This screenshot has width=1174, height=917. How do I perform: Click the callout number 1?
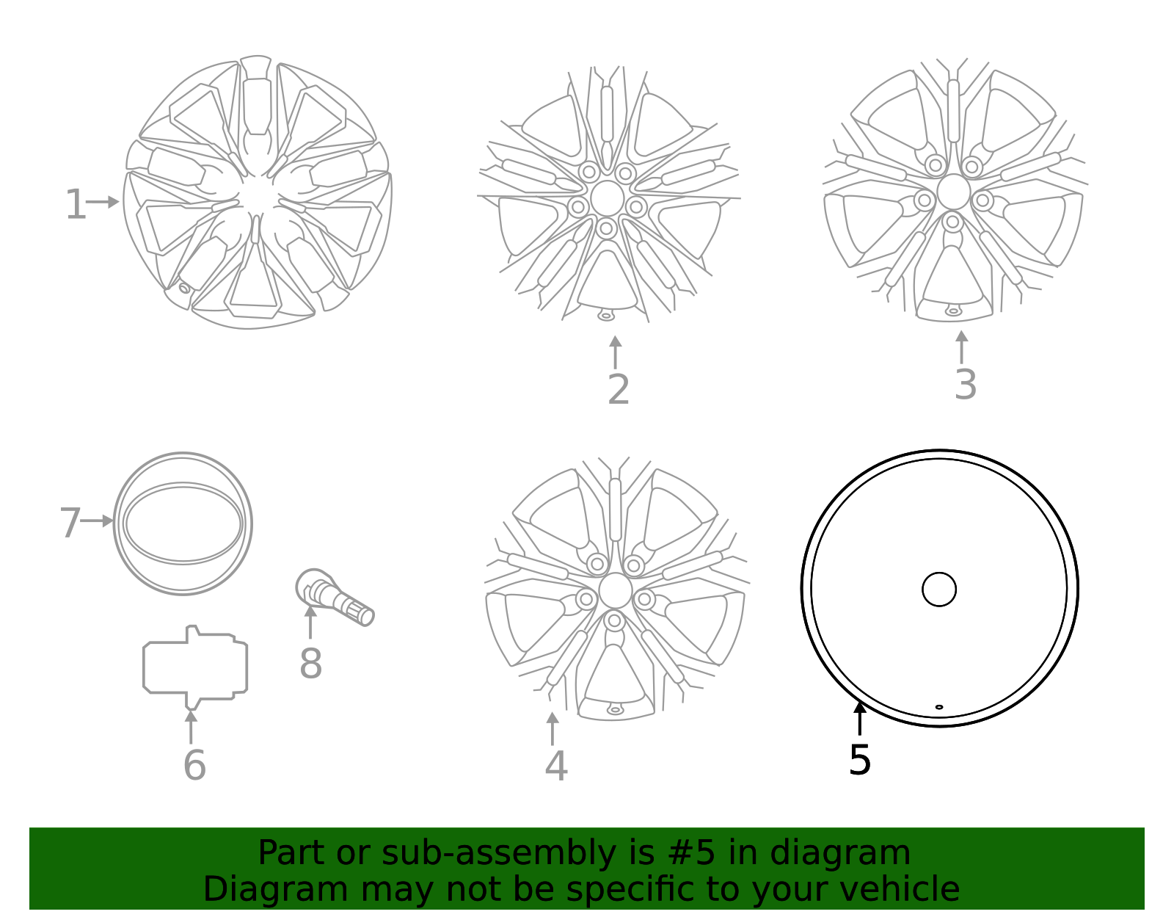pyautogui.click(x=75, y=205)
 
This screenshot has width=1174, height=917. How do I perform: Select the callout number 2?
pyautogui.click(x=619, y=390)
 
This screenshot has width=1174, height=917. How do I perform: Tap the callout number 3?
pyautogui.click(x=965, y=385)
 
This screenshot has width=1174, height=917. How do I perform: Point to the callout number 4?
pyautogui.click(x=556, y=766)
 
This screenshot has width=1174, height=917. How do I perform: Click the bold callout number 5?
pyautogui.click(x=859, y=760)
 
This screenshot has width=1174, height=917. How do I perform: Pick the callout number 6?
pyautogui.click(x=194, y=766)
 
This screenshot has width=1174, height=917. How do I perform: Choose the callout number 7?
pyautogui.click(x=70, y=523)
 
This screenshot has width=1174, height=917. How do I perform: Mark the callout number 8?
pyautogui.click(x=310, y=664)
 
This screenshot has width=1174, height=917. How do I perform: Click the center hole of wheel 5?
pyautogui.click(x=939, y=589)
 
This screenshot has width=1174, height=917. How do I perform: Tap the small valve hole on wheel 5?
pyautogui.click(x=939, y=707)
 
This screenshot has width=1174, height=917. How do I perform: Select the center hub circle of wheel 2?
pyautogui.click(x=607, y=198)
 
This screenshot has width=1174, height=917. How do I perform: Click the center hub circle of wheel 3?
pyautogui.click(x=953, y=192)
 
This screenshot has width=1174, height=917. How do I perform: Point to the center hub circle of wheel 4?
pyautogui.click(x=615, y=591)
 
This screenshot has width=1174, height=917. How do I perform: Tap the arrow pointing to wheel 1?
pyautogui.click(x=103, y=202)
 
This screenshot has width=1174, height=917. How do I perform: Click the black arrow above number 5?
pyautogui.click(x=859, y=718)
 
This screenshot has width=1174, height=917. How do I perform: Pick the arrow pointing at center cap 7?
pyautogui.click(x=98, y=521)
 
